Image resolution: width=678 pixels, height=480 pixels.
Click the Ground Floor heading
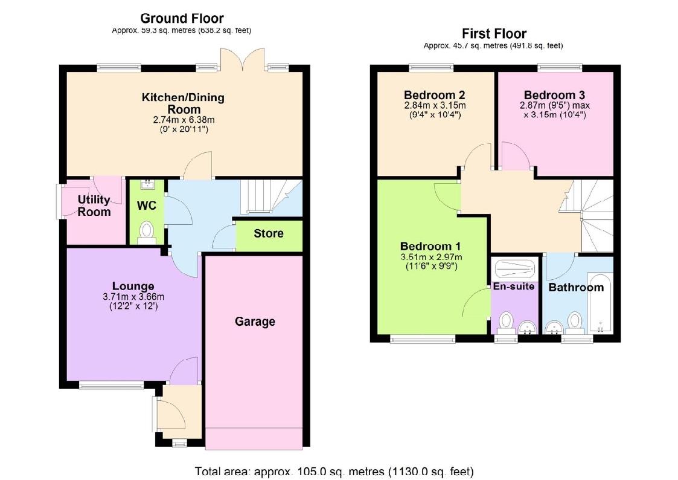click(x=182, y=19)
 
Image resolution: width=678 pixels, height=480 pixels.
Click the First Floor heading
click(x=494, y=34)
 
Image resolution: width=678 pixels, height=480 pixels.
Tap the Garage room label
click(x=255, y=322)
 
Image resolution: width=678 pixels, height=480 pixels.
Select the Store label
click(x=269, y=233)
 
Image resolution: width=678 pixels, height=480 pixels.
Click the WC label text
click(x=147, y=206)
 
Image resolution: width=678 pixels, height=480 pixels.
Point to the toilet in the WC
click(x=146, y=232)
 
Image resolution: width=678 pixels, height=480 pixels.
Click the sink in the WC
click(x=147, y=186)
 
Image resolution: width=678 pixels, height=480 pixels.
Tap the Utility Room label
click(x=94, y=206)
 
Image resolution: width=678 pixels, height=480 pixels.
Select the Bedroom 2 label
click(x=434, y=95)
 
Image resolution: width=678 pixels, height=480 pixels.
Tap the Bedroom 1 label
click(x=430, y=246)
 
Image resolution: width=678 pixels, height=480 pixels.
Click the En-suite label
click(x=514, y=286)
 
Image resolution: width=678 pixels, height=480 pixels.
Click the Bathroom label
click(x=575, y=287)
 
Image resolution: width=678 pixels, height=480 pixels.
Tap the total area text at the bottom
click(x=334, y=471)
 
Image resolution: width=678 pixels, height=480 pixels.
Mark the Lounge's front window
click(x=111, y=384)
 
